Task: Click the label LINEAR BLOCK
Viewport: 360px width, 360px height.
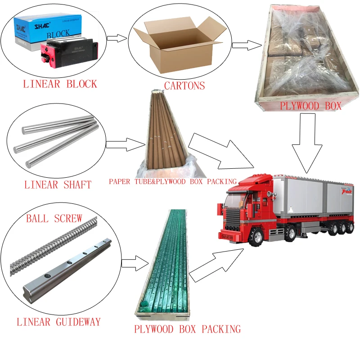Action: [60, 84]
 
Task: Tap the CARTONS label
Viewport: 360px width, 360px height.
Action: [184, 85]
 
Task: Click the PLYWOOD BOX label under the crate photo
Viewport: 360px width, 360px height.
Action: [310, 106]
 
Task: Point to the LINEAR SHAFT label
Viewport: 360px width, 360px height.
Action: [58, 184]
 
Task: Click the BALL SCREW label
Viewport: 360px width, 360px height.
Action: [54, 219]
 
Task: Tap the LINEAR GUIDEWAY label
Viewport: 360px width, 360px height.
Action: [58, 322]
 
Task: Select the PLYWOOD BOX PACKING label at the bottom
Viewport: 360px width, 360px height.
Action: [187, 329]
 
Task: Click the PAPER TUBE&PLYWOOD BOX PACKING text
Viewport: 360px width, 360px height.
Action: [172, 181]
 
